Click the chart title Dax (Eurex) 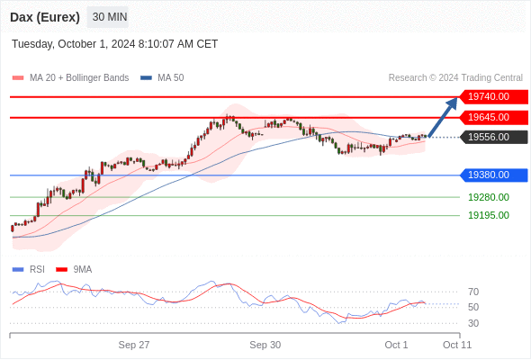(45, 17)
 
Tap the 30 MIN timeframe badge (108, 17)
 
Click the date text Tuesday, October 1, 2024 (74, 44)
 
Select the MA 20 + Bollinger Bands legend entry (70, 78)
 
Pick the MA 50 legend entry (162, 78)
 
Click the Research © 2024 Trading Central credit (455, 78)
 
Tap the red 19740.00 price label (494, 97)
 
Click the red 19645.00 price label (494, 118)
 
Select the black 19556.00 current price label (494, 137)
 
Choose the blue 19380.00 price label (494, 175)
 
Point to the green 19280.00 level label (489, 197)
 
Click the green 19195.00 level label (489, 215)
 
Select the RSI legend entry (29, 270)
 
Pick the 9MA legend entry (74, 270)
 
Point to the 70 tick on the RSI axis (473, 292)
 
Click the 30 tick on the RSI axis (473, 323)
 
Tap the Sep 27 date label (134, 345)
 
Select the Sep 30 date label (265, 345)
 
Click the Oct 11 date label (457, 345)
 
